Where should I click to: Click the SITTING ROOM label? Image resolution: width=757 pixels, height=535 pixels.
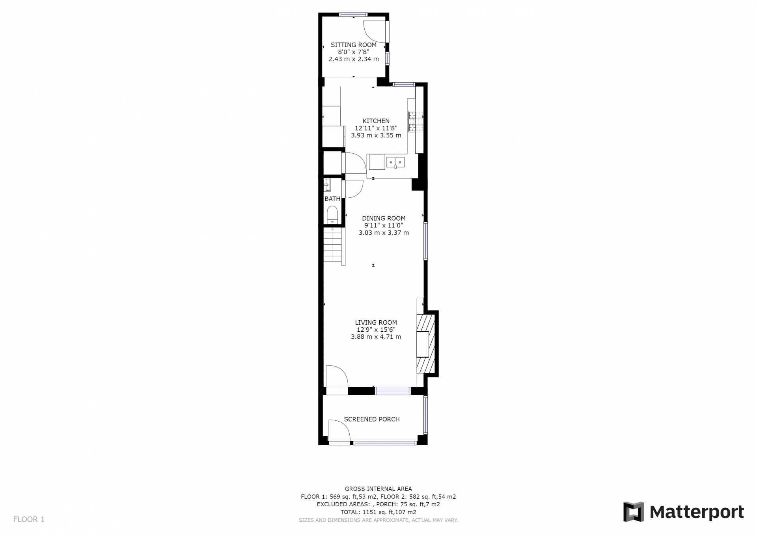point(354,45)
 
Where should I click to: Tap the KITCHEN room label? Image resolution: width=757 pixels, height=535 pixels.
point(376,121)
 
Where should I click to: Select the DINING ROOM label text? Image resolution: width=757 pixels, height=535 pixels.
point(384,218)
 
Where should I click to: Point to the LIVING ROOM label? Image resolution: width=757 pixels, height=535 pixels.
point(376,323)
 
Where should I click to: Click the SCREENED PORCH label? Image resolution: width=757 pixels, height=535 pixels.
point(372,419)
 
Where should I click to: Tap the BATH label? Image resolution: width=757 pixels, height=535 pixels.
point(332,199)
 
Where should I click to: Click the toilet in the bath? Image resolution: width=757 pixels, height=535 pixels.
point(332,214)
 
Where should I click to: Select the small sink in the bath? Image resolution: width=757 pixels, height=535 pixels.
point(327,185)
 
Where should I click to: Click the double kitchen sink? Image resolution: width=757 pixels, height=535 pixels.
point(395,162)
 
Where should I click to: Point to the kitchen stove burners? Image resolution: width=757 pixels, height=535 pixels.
point(416,121)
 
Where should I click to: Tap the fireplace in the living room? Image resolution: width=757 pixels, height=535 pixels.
point(426,343)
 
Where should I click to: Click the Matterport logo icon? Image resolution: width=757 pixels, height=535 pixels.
point(633,512)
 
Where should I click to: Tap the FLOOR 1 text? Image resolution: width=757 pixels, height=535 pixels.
point(29,519)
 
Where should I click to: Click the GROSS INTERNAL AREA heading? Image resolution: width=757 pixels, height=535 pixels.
point(378,489)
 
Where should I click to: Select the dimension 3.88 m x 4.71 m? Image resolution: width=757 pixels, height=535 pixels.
point(376,337)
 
